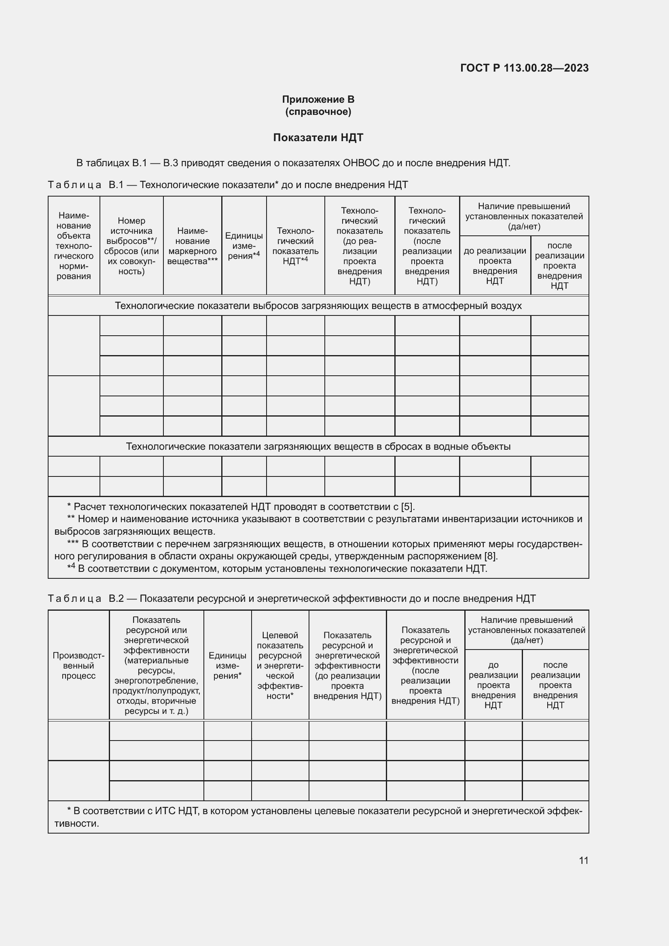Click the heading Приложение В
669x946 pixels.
(x=318, y=99)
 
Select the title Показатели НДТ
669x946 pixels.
(x=318, y=138)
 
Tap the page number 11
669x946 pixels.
(x=583, y=860)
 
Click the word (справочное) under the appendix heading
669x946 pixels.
(x=318, y=112)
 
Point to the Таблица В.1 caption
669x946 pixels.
(x=228, y=184)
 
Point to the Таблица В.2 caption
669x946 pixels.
(x=291, y=598)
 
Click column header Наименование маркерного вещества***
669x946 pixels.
(x=193, y=246)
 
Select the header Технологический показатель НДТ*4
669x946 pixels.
(x=295, y=246)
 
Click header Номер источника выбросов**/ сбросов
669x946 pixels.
(x=131, y=246)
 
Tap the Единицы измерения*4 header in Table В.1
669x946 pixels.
(x=244, y=246)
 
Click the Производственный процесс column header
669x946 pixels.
(x=78, y=665)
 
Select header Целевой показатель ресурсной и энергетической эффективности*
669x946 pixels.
(x=280, y=665)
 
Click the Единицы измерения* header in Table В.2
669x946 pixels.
(x=227, y=665)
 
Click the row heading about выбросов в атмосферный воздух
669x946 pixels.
(x=318, y=306)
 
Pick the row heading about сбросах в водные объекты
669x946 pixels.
(x=318, y=447)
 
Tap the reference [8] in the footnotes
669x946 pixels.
(x=490, y=556)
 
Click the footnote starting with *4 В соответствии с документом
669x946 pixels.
(x=277, y=569)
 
